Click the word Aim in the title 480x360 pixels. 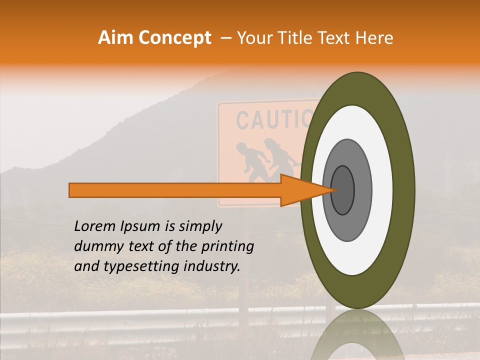115,38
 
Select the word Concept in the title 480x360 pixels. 174,38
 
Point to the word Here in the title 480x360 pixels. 375,38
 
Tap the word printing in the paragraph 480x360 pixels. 228,247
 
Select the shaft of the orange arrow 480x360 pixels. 175,190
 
